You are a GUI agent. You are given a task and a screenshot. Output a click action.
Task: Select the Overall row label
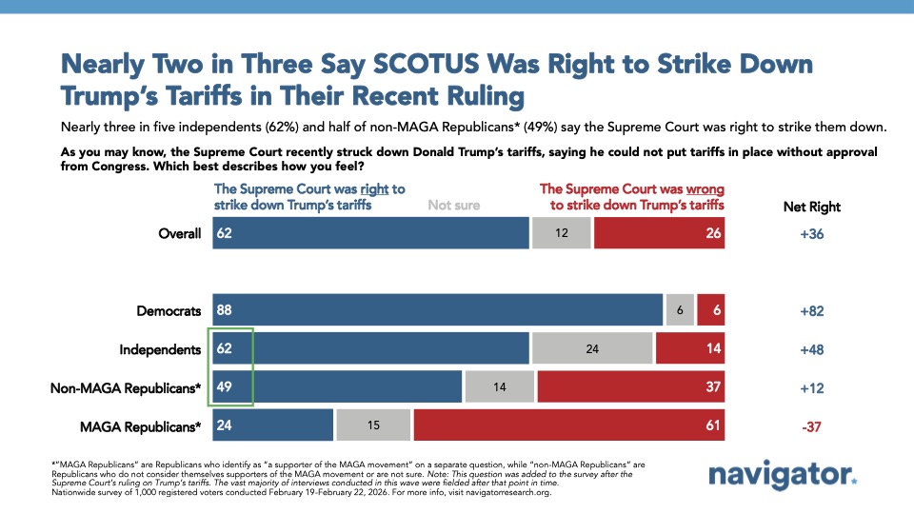click(x=180, y=234)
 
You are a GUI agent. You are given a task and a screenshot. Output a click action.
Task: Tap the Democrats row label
click(x=169, y=310)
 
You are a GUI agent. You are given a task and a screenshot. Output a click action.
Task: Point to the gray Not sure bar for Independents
click(x=592, y=349)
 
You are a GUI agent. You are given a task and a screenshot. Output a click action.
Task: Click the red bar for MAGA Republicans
click(x=568, y=427)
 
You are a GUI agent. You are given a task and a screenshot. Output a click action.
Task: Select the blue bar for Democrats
click(x=438, y=310)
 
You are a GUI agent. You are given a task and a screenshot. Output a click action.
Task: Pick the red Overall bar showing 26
click(x=659, y=234)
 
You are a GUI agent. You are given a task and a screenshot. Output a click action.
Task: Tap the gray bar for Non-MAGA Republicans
click(x=499, y=388)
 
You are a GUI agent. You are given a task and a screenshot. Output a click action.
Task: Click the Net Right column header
click(x=810, y=207)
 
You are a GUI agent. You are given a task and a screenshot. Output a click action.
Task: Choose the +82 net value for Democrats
click(x=810, y=310)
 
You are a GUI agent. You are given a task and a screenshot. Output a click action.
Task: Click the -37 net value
click(x=810, y=427)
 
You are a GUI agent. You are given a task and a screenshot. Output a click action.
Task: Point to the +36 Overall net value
click(x=810, y=234)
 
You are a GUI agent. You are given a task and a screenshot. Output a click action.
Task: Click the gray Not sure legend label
click(x=454, y=205)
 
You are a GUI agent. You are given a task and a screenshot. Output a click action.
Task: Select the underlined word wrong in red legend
click(x=703, y=188)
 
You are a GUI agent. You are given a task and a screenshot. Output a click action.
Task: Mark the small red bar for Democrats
click(x=710, y=310)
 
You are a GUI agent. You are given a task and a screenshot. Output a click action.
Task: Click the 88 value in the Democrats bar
click(x=226, y=310)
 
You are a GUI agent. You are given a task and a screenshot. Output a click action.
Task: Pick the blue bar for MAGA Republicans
click(x=273, y=427)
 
